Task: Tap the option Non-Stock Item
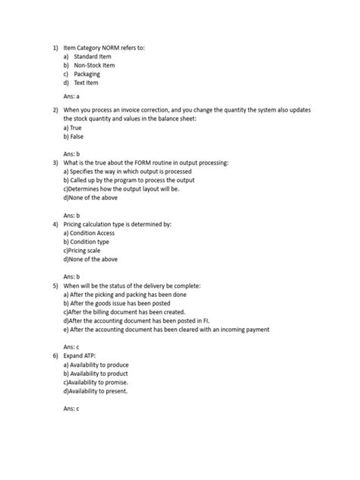(x=95, y=65)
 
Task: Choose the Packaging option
(x=87, y=74)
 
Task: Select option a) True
(x=74, y=128)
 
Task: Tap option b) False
(x=74, y=137)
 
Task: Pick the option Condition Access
(x=99, y=235)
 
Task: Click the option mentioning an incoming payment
(x=166, y=330)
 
